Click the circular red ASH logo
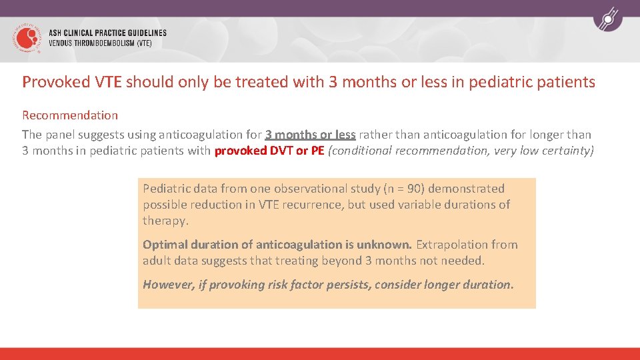point(26,39)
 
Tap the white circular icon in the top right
point(607,19)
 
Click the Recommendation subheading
point(70,115)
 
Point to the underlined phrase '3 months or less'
point(310,135)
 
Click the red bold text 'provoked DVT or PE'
point(269,151)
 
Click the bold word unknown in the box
point(387,245)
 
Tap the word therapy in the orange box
point(165,221)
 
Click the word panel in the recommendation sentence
point(61,135)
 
